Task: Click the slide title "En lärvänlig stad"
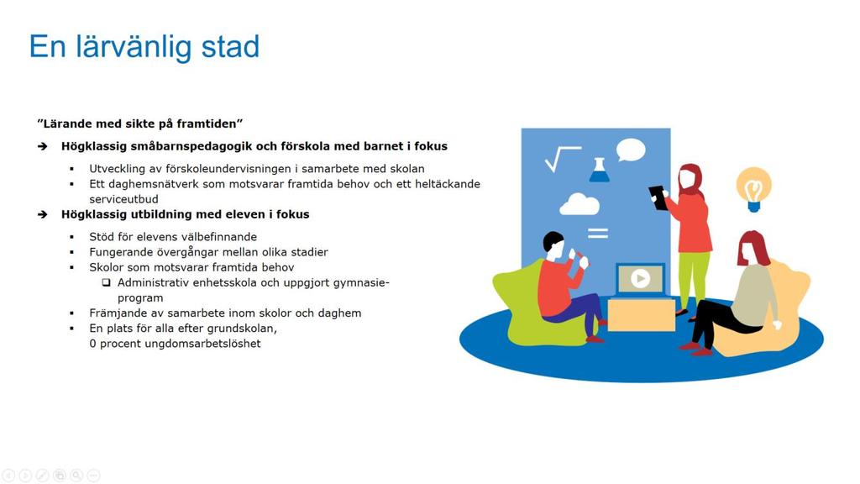pos(144,47)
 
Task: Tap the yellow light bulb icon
pos(753,189)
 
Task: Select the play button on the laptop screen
pos(640,279)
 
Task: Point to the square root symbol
pos(563,159)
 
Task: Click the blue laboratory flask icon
pos(599,170)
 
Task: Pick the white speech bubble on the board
pos(631,150)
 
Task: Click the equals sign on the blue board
pos(598,234)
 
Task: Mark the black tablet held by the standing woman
pos(658,197)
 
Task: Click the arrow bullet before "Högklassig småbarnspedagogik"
pos(43,146)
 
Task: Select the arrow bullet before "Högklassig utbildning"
pos(43,214)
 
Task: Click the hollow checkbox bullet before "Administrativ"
pos(107,282)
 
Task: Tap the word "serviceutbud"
pos(124,199)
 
